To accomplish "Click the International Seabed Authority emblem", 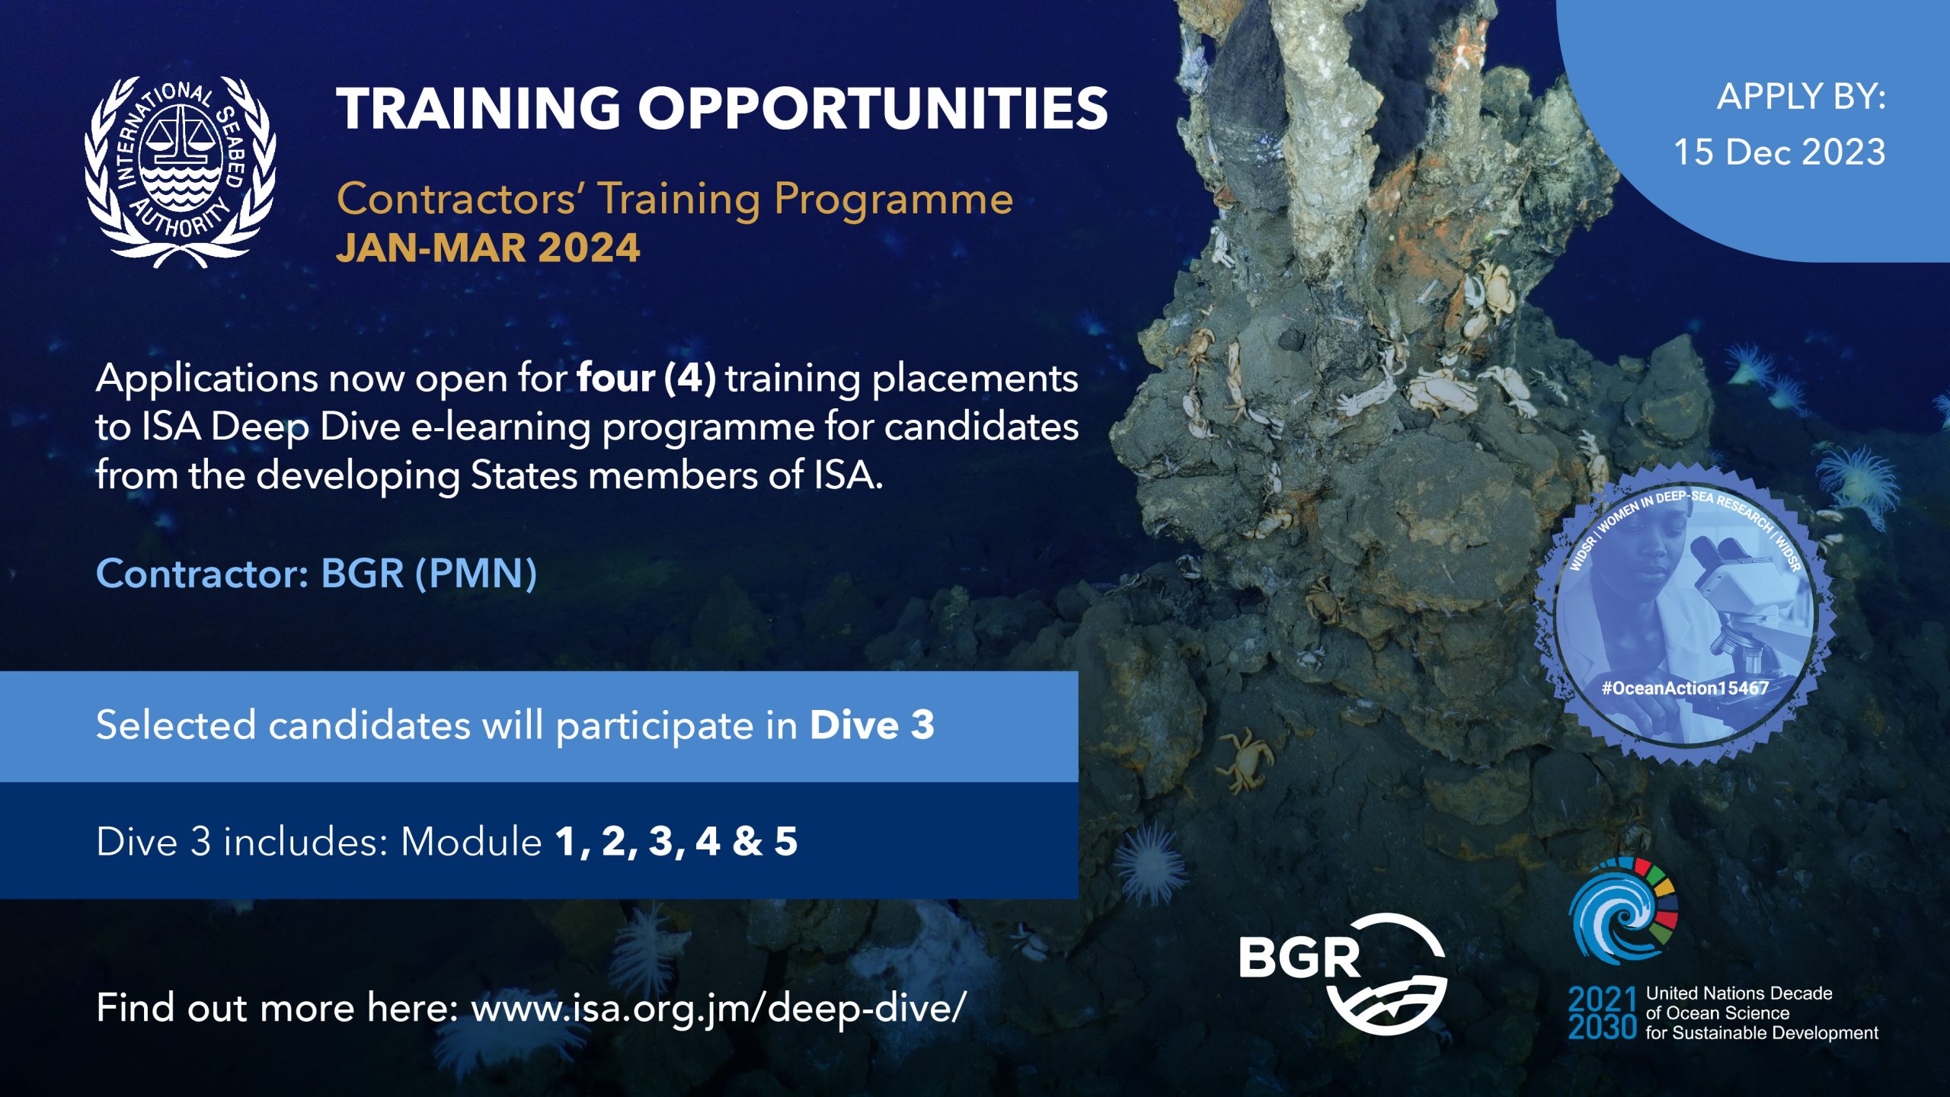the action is pos(181,171).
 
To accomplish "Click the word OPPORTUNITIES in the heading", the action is pos(873,107).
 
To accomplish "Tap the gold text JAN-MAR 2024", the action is pos(488,248).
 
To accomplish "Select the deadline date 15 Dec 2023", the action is pos(1779,152).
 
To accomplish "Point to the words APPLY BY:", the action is pos(1801,97).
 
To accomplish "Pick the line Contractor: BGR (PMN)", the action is pos(317,573).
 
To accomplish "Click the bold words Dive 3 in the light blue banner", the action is pos(872,724).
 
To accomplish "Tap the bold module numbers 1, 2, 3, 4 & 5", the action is pos(676,842).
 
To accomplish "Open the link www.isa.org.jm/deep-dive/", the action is pos(719,1008).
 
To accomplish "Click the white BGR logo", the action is pos(1343,974).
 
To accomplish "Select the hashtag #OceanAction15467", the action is pos(1685,688).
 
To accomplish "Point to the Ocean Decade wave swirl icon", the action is pos(1622,910).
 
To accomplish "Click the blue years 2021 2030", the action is pos(1603,1013).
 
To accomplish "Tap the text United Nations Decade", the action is pos(1739,993).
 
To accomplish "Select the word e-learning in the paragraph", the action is pos(500,427).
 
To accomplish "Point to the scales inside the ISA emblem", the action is pos(181,137).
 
